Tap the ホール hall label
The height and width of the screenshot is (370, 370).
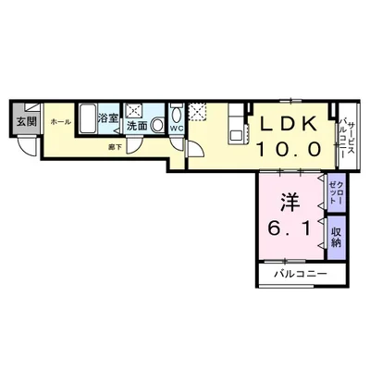pos(59,121)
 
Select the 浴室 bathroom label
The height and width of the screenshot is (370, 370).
pos(107,117)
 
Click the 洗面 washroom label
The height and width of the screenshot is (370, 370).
pos(137,125)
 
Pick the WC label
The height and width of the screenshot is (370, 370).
pos(175,129)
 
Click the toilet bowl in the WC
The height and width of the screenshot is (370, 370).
pos(176,117)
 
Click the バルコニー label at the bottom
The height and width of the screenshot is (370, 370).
pos(298,275)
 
